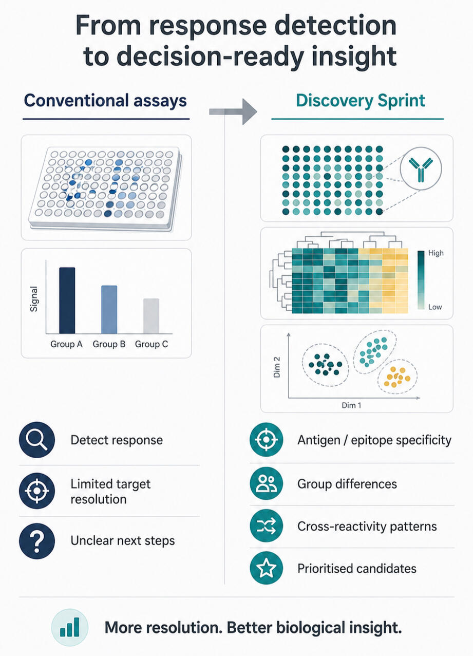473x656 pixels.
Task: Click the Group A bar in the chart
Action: click(x=67, y=301)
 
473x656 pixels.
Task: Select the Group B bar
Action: click(x=109, y=310)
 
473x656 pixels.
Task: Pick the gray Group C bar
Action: click(x=152, y=316)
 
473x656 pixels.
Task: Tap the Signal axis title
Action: click(x=34, y=298)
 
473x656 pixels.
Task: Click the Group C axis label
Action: click(x=152, y=344)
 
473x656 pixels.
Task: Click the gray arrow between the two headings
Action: click(x=233, y=111)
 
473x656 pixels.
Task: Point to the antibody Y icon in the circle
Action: click(x=421, y=170)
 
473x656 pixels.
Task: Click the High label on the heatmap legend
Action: click(x=436, y=253)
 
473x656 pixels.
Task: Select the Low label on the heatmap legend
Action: click(x=435, y=307)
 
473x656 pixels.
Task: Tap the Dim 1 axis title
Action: click(x=351, y=405)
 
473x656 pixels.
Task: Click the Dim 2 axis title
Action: click(x=277, y=367)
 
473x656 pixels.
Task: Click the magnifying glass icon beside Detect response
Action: click(x=37, y=440)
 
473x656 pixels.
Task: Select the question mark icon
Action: click(x=37, y=541)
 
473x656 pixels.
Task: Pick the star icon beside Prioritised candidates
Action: click(x=267, y=568)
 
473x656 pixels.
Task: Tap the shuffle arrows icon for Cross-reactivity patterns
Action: click(x=267, y=526)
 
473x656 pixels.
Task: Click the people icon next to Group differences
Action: click(x=267, y=483)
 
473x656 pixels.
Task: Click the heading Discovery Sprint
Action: click(x=361, y=101)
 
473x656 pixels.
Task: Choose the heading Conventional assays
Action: click(x=105, y=101)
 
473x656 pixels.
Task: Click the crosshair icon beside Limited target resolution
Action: click(x=37, y=491)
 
